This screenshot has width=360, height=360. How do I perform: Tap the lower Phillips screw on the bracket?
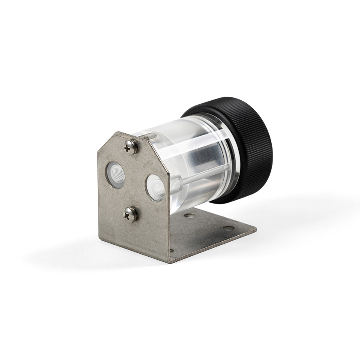(x=131, y=213)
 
